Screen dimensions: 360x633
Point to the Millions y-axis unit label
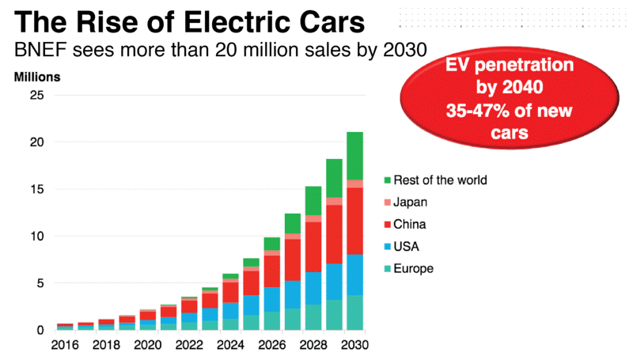(36, 78)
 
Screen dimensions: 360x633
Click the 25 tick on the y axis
(36, 95)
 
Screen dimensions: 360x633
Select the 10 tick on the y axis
(36, 236)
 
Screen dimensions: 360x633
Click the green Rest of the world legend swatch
(387, 180)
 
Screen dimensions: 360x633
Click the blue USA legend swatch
(387, 247)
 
